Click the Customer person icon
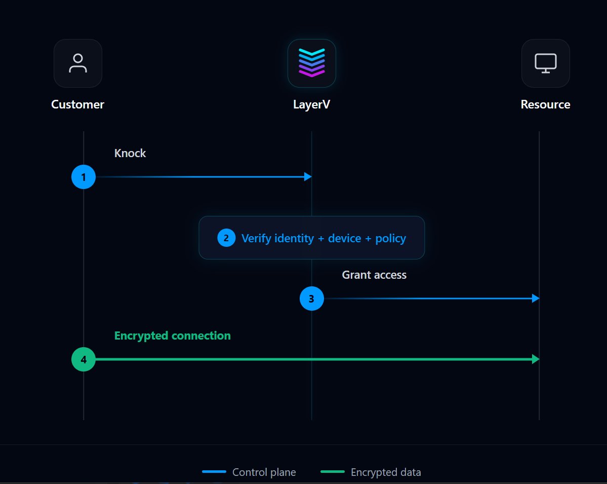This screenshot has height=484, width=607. (x=78, y=63)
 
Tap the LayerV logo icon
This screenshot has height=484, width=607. (x=312, y=63)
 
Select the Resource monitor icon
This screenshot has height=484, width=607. (x=545, y=63)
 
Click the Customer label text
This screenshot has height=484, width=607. (x=78, y=104)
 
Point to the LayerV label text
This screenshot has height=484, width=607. (x=312, y=104)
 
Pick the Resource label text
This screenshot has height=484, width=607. (x=545, y=104)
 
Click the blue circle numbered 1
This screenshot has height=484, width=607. (x=84, y=177)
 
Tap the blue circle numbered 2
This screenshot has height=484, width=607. (x=226, y=238)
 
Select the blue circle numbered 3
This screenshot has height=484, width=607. (x=312, y=299)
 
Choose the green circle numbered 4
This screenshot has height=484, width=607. (x=84, y=359)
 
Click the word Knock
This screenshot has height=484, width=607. (x=130, y=153)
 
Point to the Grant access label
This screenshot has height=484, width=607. (x=374, y=275)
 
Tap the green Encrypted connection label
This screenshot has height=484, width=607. (x=173, y=336)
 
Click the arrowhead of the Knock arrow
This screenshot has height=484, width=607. (x=308, y=177)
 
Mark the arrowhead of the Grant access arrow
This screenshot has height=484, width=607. (x=536, y=298)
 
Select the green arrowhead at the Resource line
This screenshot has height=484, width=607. (x=536, y=359)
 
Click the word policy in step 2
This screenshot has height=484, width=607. (x=391, y=238)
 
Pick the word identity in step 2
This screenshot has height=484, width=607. (x=294, y=238)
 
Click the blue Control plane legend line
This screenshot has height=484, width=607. (x=214, y=472)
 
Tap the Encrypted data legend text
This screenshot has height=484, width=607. (x=386, y=472)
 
